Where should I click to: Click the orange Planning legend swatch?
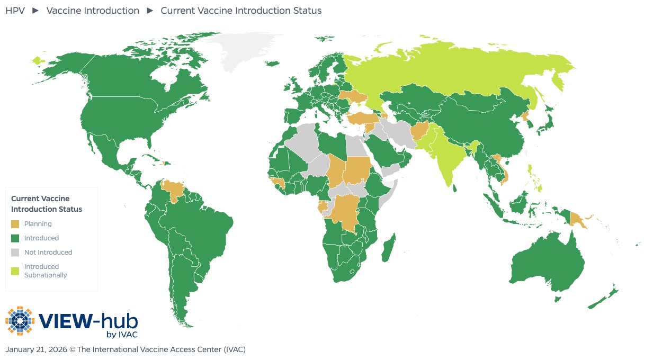point(15,224)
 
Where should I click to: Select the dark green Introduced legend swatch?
point(15,238)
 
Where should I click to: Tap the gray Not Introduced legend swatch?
point(15,253)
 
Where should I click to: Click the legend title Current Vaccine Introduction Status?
point(47,204)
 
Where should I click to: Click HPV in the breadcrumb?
point(15,11)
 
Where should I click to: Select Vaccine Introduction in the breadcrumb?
point(93,11)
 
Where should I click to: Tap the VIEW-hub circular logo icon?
point(20,320)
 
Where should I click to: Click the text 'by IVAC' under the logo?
point(122,334)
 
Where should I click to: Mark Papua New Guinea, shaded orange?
point(577,220)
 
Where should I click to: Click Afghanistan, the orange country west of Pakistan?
point(421,130)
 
